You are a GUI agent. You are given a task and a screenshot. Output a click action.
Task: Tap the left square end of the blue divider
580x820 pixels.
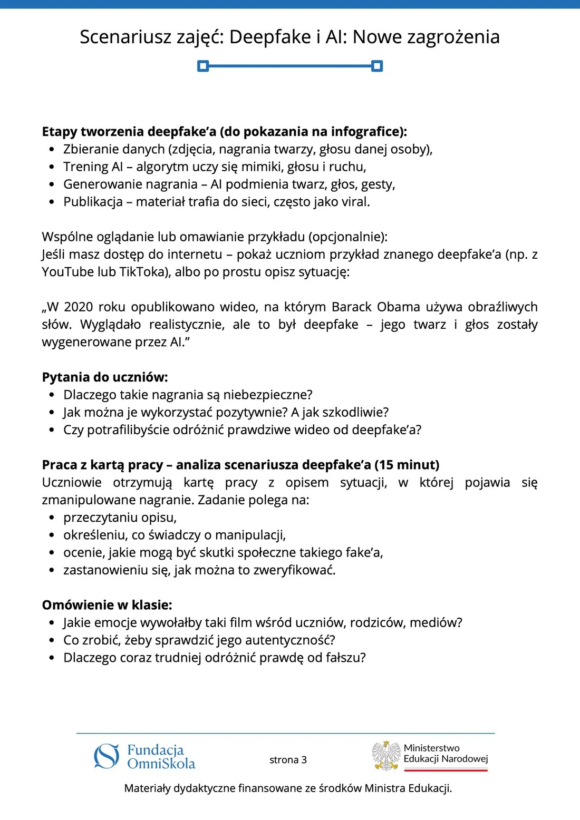coord(203,66)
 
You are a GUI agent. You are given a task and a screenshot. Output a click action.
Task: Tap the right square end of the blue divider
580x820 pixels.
coord(377,66)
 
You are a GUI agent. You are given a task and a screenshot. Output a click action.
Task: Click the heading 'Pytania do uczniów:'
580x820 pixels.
coord(105,377)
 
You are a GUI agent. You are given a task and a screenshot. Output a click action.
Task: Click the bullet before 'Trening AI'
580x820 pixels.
coord(52,167)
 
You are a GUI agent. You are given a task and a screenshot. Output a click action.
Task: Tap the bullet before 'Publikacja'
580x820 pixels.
coord(52,202)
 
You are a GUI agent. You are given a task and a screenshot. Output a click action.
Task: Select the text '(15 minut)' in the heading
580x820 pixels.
coord(407,465)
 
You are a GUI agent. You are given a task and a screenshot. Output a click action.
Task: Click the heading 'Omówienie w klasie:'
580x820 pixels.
coord(107,605)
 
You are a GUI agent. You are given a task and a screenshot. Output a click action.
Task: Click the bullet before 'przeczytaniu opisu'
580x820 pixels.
coord(52,518)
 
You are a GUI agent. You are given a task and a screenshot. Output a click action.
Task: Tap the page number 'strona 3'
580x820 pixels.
coord(288,760)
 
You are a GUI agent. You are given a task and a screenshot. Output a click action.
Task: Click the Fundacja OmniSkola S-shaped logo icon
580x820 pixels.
coord(107,756)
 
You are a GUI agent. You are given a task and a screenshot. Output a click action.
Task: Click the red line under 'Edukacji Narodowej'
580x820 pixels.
coord(446,770)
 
